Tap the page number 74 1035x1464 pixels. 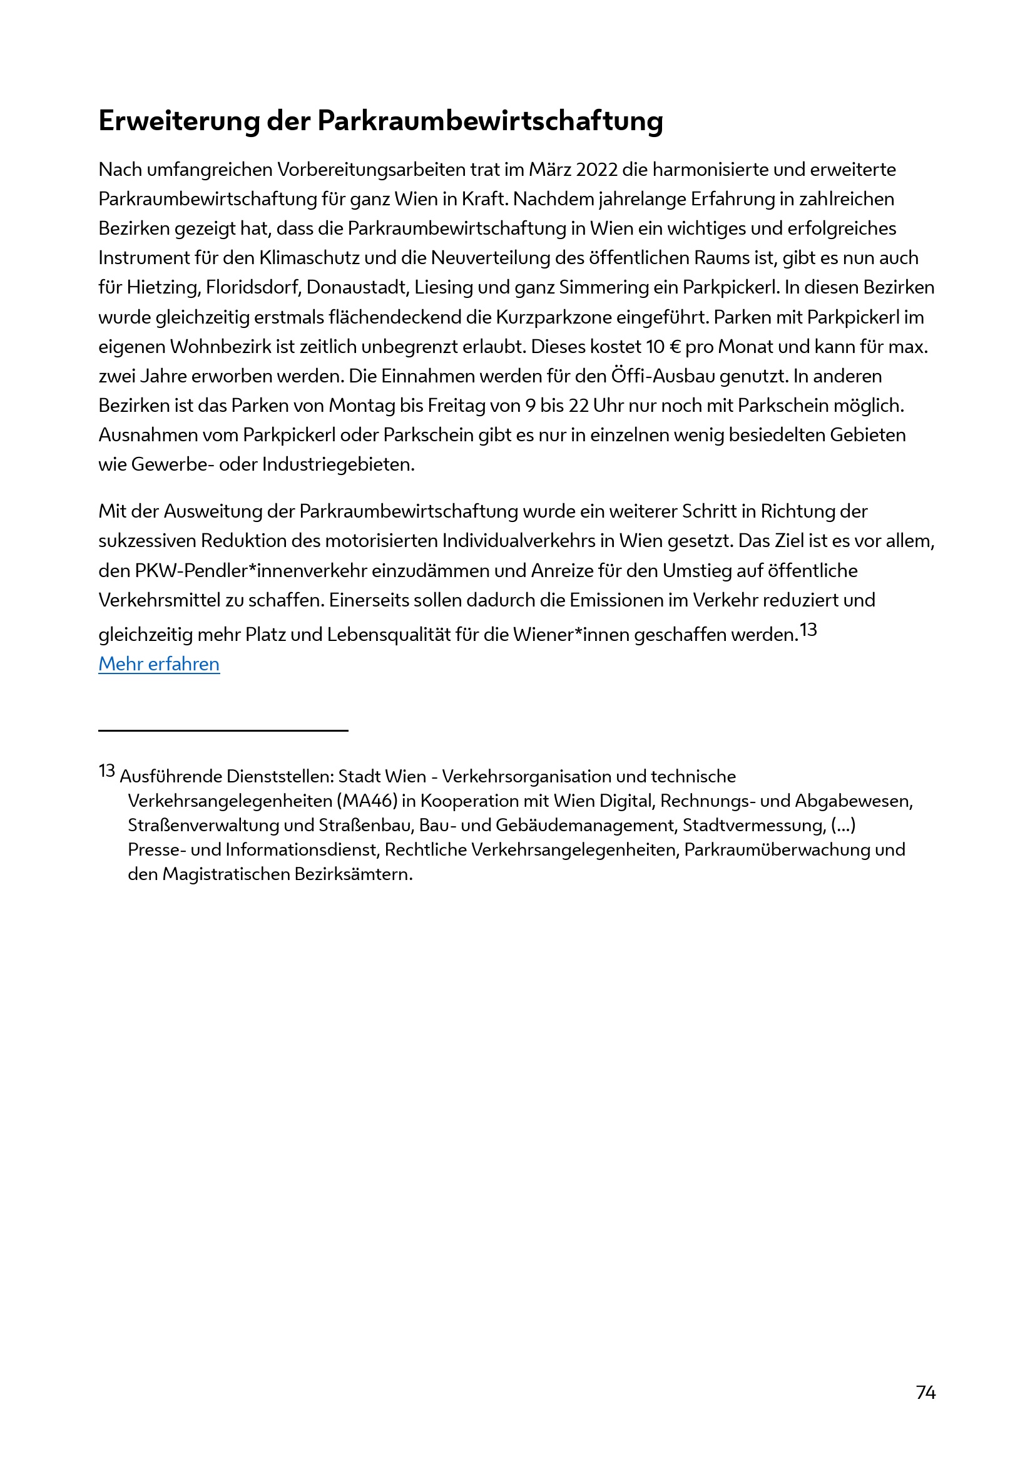point(925,1392)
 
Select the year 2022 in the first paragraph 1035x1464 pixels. point(596,170)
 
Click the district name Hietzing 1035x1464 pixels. point(163,287)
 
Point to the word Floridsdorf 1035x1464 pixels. point(252,287)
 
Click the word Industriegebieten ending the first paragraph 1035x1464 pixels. point(338,464)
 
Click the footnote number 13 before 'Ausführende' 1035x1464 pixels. point(106,771)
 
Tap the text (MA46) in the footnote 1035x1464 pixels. point(367,801)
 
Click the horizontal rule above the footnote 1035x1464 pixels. point(223,730)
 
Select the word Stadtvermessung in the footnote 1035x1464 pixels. point(753,825)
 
